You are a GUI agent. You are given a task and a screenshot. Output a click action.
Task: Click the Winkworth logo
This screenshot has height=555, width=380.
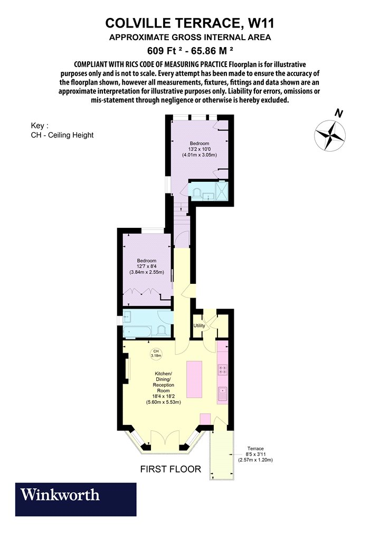(x=75, y=499)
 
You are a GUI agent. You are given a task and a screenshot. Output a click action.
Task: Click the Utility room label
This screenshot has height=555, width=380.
(x=199, y=326)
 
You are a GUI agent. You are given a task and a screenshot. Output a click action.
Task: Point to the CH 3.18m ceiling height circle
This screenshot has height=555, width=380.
(x=156, y=353)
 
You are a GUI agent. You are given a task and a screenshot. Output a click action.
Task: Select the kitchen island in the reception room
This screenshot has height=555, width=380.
(x=194, y=379)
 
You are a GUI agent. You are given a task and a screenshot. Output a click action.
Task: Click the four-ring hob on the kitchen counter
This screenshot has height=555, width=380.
(x=223, y=369)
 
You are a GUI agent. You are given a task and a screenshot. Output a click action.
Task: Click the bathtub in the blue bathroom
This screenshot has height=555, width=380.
(x=137, y=331)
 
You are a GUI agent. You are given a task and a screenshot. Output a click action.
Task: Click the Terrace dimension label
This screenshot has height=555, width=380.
(x=255, y=454)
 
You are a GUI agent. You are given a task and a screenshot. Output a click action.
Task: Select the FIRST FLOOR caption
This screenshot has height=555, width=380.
(x=170, y=469)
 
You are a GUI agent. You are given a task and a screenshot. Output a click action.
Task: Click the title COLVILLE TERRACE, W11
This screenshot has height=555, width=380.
(x=190, y=23)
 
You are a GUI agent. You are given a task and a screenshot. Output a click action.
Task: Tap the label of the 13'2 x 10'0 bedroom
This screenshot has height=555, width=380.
(x=199, y=149)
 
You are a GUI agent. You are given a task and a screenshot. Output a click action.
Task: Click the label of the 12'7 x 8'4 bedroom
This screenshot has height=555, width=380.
(x=146, y=266)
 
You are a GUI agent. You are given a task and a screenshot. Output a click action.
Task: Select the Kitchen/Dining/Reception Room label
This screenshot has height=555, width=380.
(x=163, y=387)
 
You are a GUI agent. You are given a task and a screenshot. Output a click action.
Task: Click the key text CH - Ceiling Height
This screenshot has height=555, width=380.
(x=62, y=135)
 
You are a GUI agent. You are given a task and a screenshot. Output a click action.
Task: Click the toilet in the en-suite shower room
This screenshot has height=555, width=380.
(x=196, y=193)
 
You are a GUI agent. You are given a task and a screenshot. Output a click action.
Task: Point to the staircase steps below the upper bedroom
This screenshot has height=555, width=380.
(x=182, y=216)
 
